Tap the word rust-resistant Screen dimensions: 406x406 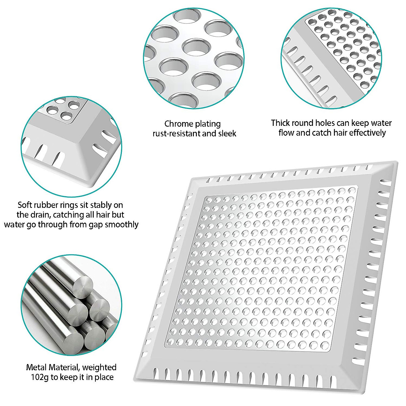177,134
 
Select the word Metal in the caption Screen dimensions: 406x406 37,367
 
